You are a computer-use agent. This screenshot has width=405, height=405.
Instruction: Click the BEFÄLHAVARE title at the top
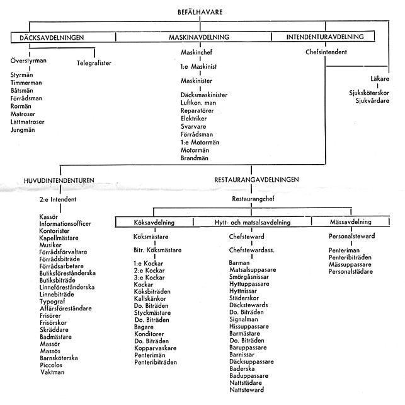200,12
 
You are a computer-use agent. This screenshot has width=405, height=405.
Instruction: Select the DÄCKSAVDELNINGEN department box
52,37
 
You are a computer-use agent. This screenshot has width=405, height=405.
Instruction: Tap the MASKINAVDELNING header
199,37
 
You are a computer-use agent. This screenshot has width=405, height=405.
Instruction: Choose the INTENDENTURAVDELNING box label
325,37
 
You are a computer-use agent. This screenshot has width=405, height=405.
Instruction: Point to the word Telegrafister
94,63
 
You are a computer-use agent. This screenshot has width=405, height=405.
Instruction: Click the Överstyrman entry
28,61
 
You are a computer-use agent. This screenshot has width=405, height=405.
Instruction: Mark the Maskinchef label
197,52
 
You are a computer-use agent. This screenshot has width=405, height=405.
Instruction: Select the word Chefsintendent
326,52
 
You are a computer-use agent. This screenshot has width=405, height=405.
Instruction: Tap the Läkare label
380,79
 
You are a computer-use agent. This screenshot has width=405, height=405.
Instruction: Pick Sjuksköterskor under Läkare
369,93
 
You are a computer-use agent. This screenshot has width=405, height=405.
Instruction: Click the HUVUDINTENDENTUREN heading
59,180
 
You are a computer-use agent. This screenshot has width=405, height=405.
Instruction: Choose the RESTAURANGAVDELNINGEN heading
256,180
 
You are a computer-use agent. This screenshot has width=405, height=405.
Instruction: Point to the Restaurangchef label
253,199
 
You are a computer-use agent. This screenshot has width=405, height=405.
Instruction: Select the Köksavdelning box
154,223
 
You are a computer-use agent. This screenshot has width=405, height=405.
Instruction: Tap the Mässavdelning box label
350,221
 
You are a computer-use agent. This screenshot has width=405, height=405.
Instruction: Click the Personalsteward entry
351,236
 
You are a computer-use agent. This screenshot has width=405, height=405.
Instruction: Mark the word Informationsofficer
65,224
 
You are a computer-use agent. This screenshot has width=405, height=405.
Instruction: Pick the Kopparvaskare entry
155,348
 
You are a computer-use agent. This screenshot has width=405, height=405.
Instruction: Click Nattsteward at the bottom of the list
247,390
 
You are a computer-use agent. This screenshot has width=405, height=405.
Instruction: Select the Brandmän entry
195,158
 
